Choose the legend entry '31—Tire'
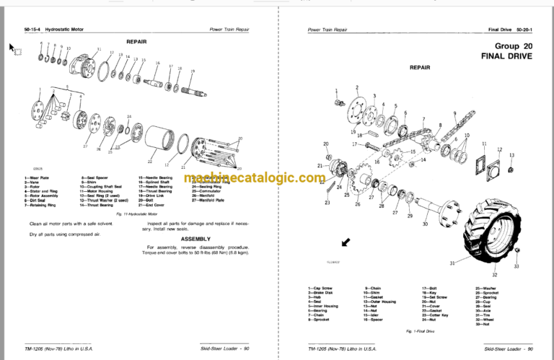[x=484, y=313]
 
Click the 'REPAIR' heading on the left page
[x=136, y=42]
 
